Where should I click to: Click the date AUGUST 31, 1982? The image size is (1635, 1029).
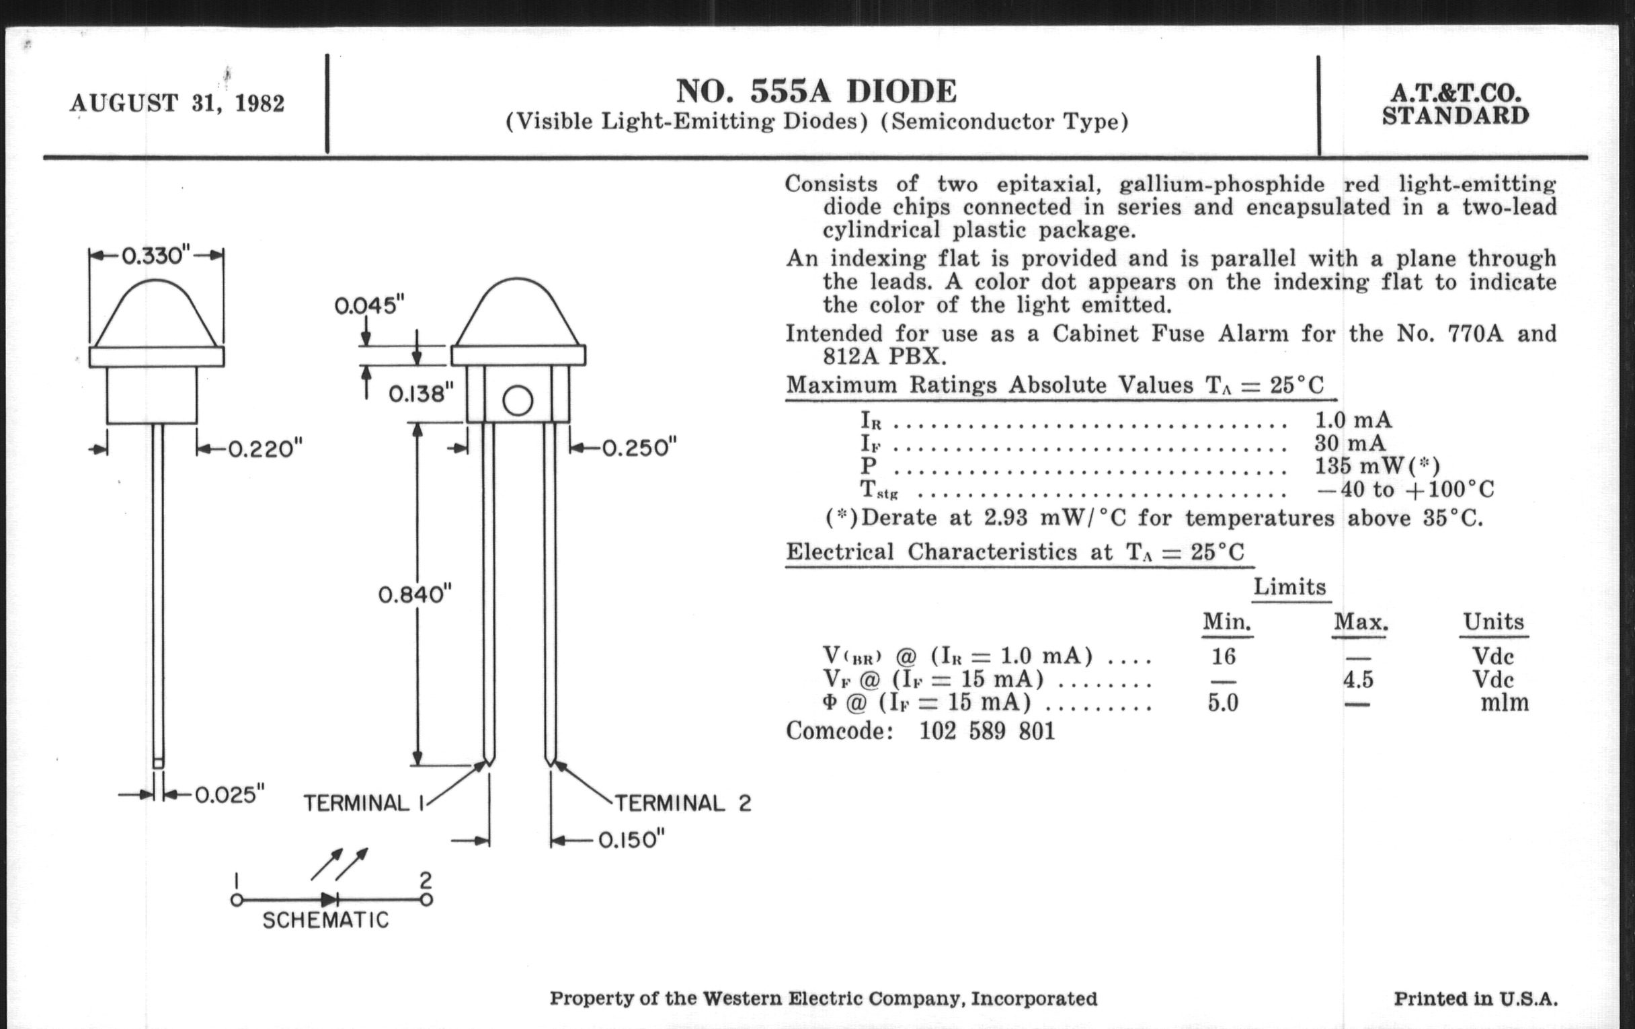click(177, 104)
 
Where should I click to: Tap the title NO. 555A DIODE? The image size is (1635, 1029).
click(816, 91)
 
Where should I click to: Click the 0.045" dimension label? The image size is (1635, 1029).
click(369, 305)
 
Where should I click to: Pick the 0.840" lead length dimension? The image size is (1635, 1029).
click(414, 595)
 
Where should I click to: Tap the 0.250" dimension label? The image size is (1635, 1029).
click(639, 449)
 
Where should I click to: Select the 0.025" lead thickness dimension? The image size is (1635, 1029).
click(229, 794)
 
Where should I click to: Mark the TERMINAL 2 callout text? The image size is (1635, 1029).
click(682, 804)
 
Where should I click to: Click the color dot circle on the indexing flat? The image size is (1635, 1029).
click(518, 401)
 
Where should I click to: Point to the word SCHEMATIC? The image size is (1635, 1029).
click(326, 919)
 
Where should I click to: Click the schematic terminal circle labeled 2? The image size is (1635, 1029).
click(426, 900)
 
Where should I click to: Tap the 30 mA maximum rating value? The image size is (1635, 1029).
click(1349, 443)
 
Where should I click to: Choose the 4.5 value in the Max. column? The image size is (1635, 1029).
click(1358, 679)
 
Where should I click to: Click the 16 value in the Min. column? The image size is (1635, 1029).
click(1224, 656)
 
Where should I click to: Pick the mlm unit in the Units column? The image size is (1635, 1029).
click(1505, 702)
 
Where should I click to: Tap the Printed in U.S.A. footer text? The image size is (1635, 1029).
click(1476, 999)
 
